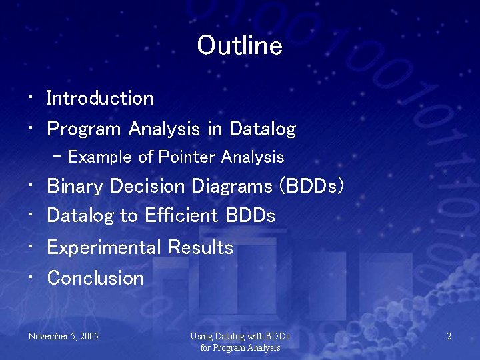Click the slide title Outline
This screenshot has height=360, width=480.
[x=240, y=46]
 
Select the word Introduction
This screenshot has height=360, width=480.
[x=100, y=99]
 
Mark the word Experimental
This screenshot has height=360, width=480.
[x=104, y=248]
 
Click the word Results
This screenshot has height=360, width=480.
[x=201, y=248]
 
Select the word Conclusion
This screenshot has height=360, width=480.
[x=95, y=278]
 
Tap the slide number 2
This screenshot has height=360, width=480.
[x=449, y=337]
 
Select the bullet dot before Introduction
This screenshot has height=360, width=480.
[x=31, y=99]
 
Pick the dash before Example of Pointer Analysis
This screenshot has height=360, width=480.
[x=58, y=157]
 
